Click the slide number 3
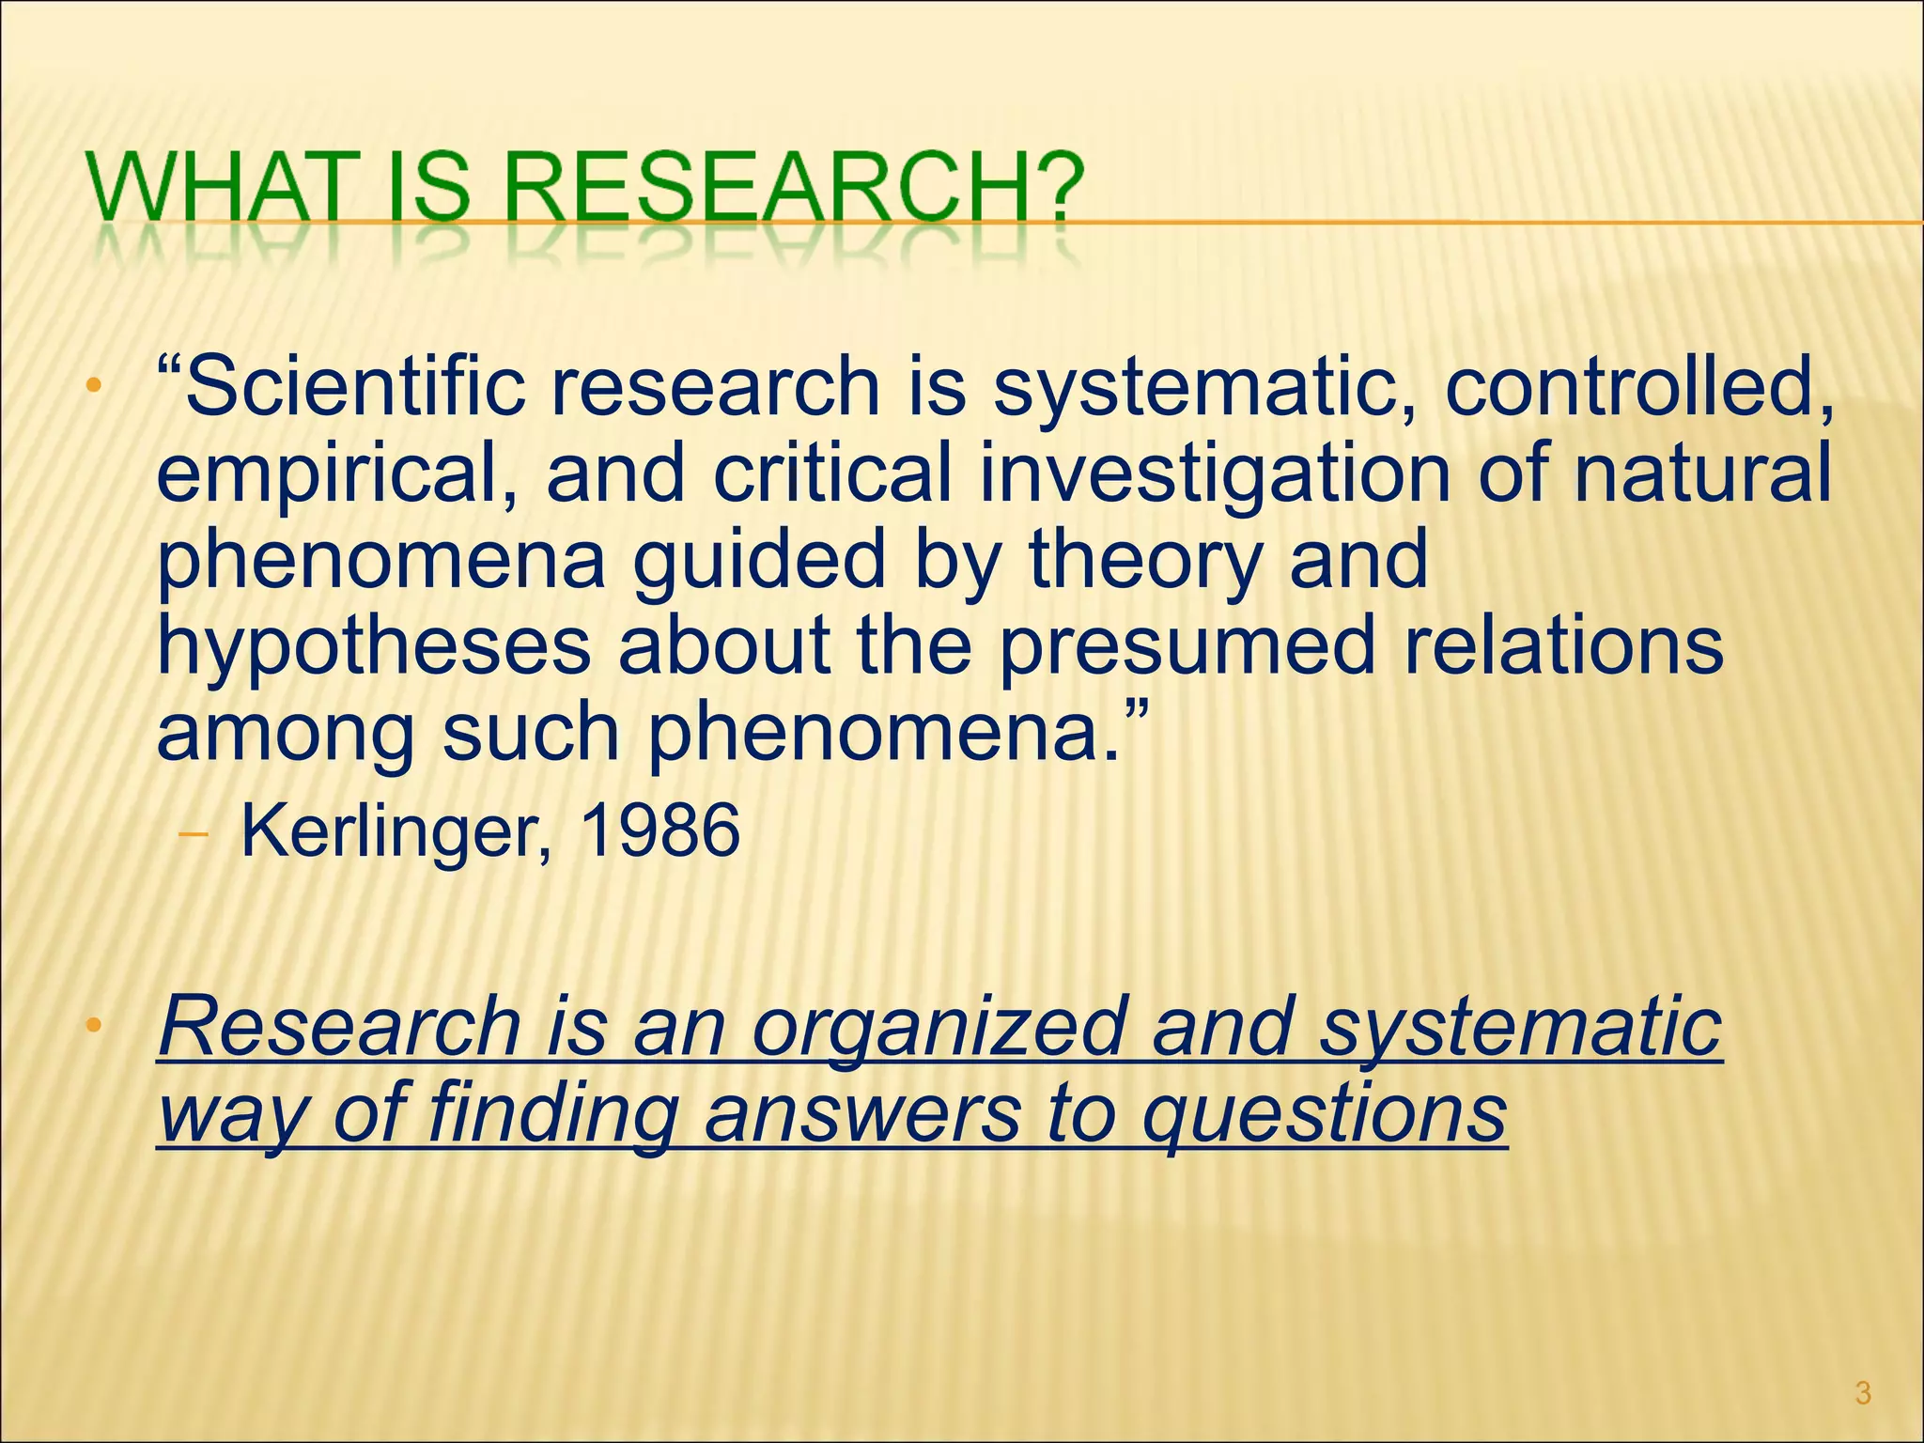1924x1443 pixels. pyautogui.click(x=1864, y=1393)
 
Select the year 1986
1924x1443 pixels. pyautogui.click(x=660, y=830)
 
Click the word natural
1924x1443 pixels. pyautogui.click(x=1702, y=472)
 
